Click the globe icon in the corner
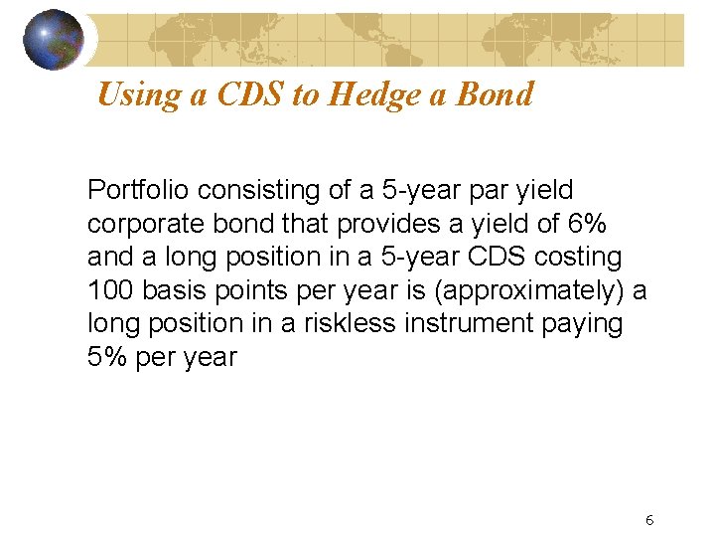pyautogui.click(x=54, y=39)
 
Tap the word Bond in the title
pyautogui.click(x=500, y=94)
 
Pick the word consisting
pyautogui.click(x=242, y=189)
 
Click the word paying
pyautogui.click(x=578, y=324)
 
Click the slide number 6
pyautogui.click(x=648, y=520)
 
